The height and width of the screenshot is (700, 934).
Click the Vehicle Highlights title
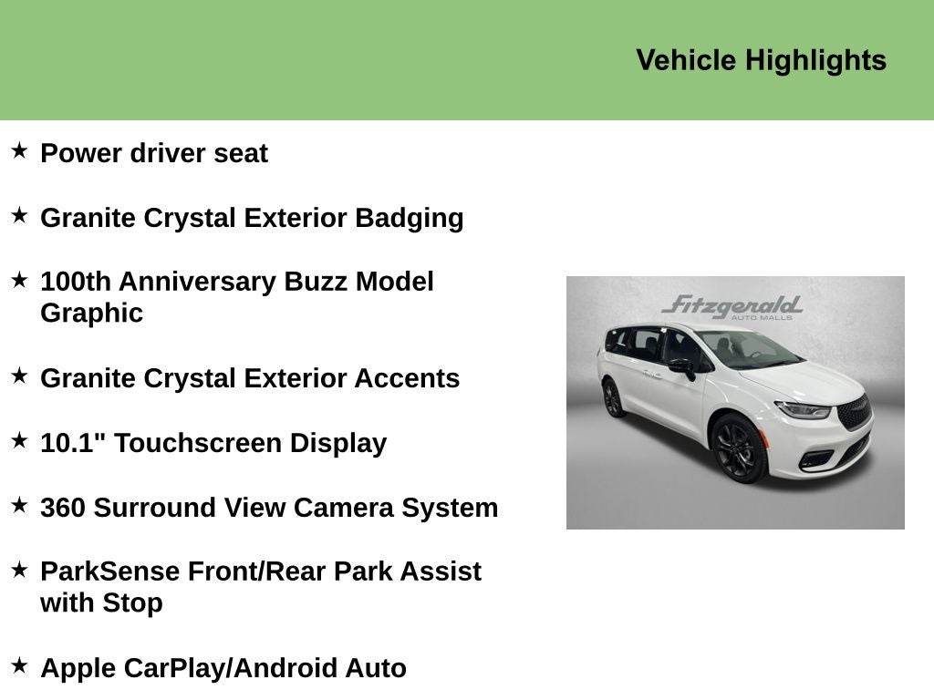pos(761,60)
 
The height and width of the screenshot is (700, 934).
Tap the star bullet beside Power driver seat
pos(19,150)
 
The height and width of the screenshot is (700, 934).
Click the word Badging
pos(409,218)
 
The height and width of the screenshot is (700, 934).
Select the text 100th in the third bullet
pos(76,281)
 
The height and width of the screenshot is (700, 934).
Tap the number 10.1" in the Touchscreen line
pos(73,442)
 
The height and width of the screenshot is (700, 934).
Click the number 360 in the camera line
pos(63,507)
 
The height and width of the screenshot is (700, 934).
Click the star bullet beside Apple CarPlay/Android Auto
pos(19,665)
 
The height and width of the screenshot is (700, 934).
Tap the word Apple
pos(78,668)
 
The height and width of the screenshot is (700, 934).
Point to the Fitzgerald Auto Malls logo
pos(732,307)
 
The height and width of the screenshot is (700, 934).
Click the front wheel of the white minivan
pos(738,448)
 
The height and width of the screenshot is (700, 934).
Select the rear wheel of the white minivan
pos(611,398)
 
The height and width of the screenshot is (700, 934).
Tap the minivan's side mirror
pos(681,366)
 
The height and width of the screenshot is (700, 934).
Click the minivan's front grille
pos(855,412)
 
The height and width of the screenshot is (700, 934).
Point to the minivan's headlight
pos(803,410)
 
